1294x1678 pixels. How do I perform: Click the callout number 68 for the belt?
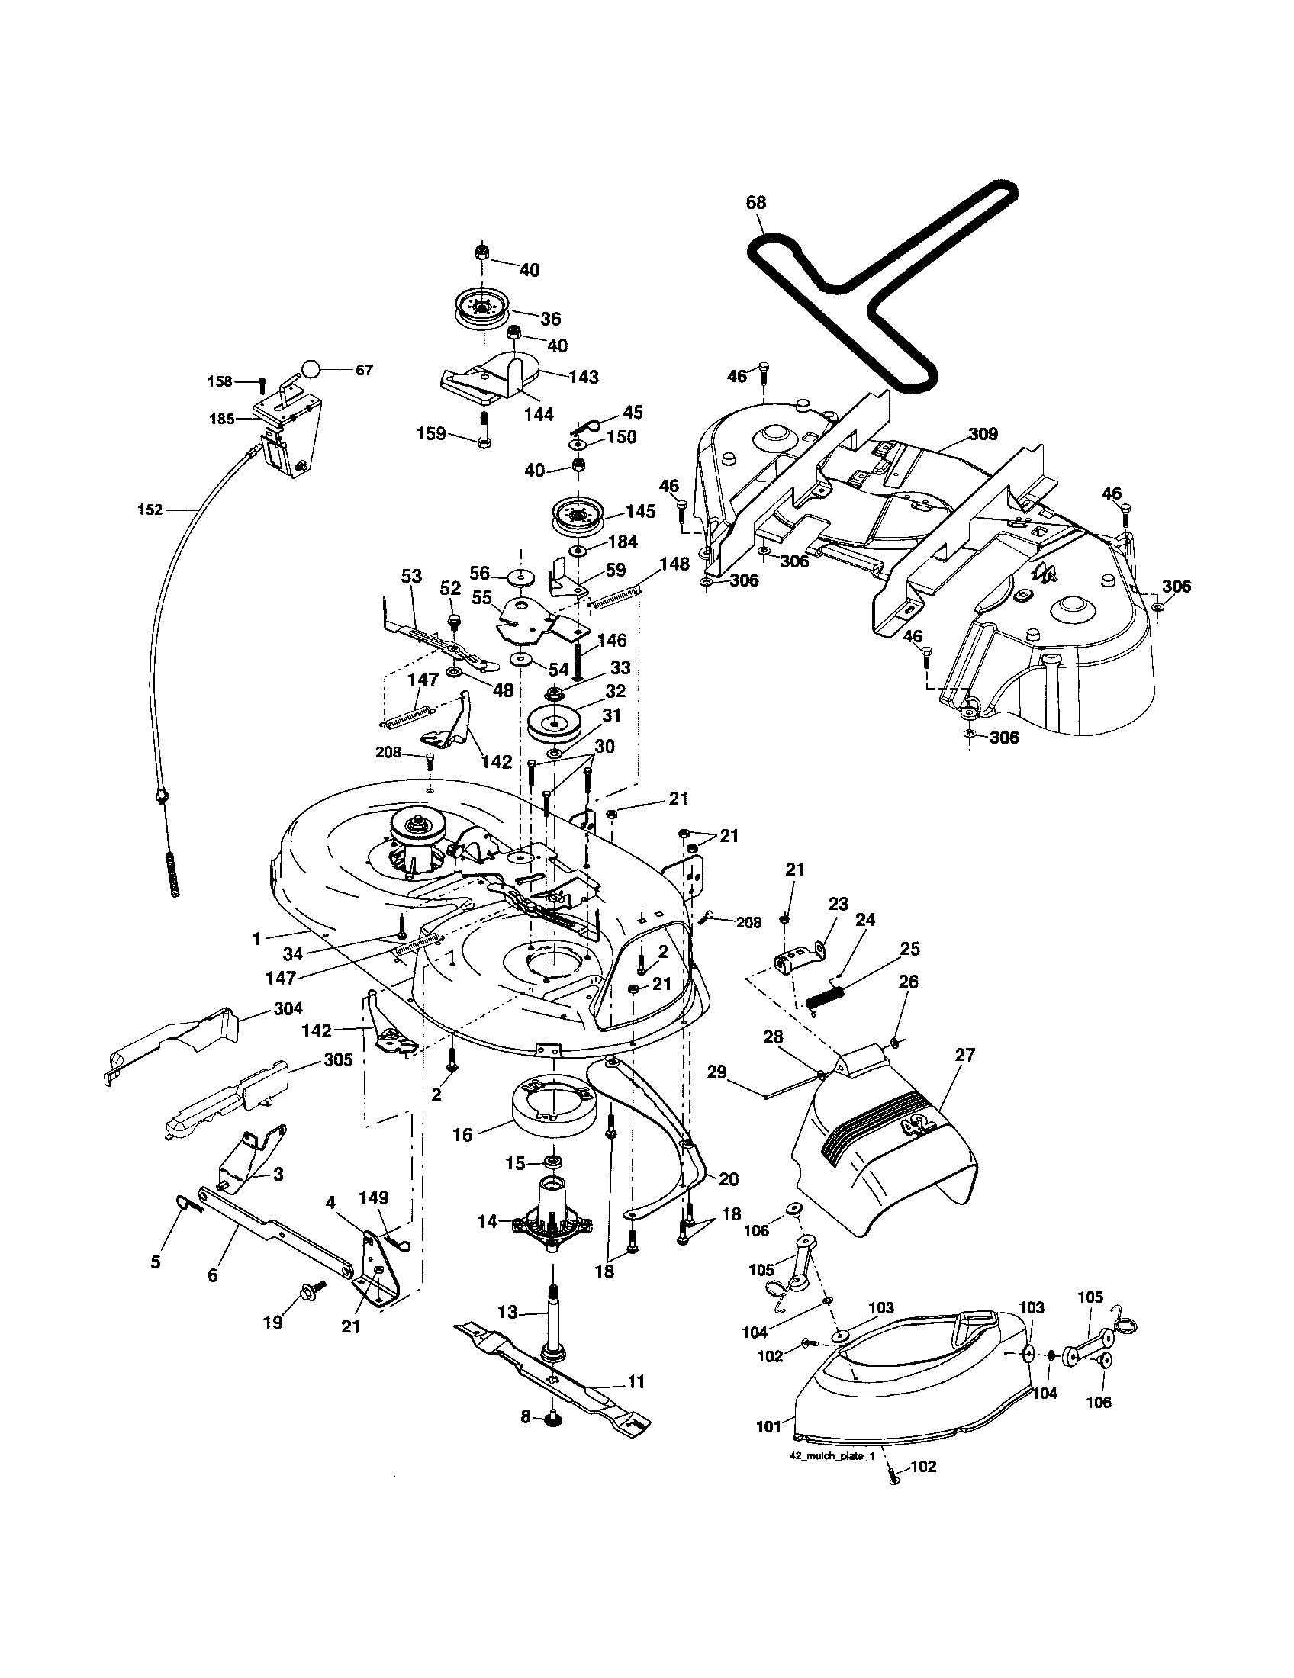coord(756,203)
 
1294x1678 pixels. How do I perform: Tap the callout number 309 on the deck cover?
coord(983,434)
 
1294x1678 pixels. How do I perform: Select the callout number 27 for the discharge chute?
coord(964,1055)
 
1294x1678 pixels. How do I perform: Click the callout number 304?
coord(288,1009)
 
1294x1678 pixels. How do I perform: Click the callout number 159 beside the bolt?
coord(431,433)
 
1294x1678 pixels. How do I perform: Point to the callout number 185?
coord(222,419)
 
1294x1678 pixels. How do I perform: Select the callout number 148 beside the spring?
coord(674,564)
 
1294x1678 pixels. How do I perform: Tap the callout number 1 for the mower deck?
coord(257,938)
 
